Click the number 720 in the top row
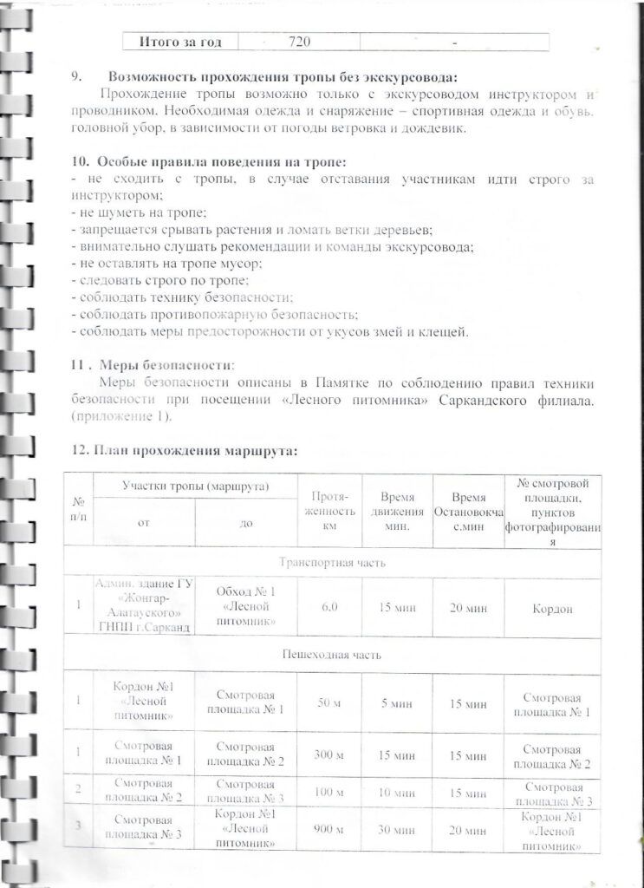click(x=299, y=42)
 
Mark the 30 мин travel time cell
click(x=395, y=831)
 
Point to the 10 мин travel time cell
click(x=395, y=793)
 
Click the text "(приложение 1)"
click(x=121, y=417)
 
